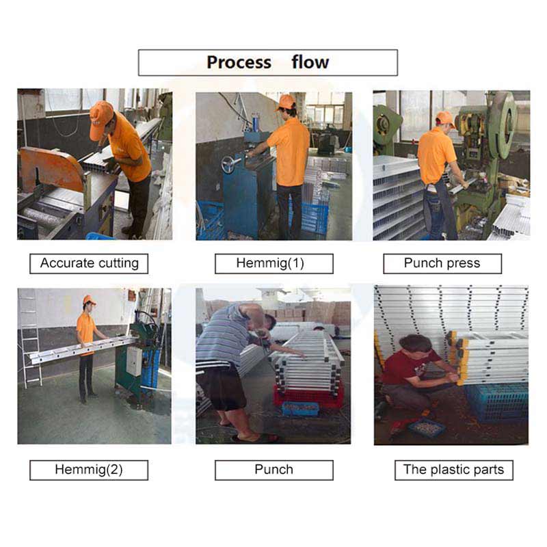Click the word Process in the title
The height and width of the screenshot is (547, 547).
[239, 63]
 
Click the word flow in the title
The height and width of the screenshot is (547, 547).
[310, 63]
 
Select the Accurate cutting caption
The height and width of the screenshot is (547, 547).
[89, 263]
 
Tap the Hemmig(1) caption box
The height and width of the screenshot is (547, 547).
[273, 263]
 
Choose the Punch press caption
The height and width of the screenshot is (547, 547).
[442, 263]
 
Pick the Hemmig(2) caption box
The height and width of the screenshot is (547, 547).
[89, 470]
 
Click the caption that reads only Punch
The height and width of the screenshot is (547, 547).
[273, 470]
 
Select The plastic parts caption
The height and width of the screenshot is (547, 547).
[453, 470]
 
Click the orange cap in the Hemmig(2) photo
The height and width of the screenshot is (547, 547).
[88, 300]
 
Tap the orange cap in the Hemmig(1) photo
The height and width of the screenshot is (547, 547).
[286, 102]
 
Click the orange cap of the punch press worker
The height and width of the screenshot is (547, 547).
[444, 118]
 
